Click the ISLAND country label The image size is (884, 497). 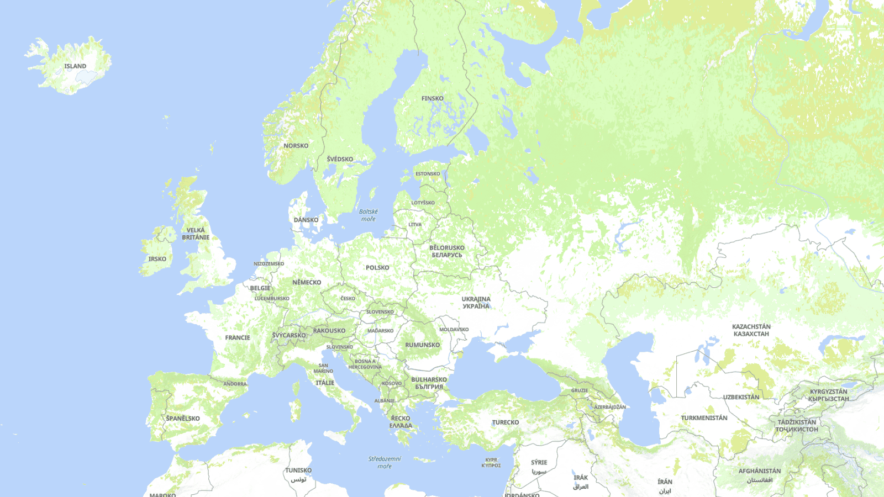coord(75,66)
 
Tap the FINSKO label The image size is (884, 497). coord(432,99)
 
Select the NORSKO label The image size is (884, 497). coord(296,146)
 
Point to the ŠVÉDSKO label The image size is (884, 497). coord(340,159)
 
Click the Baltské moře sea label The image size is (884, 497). coord(369,215)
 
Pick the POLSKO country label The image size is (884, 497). coord(377,268)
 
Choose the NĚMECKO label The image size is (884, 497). coord(307,282)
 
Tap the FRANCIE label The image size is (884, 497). coord(238,337)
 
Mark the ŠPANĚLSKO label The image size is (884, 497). coord(183,419)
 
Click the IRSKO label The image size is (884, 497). coord(157,259)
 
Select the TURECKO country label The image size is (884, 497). coord(506,422)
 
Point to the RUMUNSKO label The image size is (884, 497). coord(423,345)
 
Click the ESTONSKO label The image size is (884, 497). coord(428,174)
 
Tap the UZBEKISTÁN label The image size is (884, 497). coord(741,397)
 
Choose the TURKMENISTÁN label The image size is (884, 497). coord(704,418)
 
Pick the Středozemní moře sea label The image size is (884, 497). coord(385,462)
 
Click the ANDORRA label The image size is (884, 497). coord(235,384)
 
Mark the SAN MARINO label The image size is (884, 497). coord(323,368)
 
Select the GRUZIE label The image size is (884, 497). coord(580,390)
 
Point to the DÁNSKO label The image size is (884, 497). coord(306,220)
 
